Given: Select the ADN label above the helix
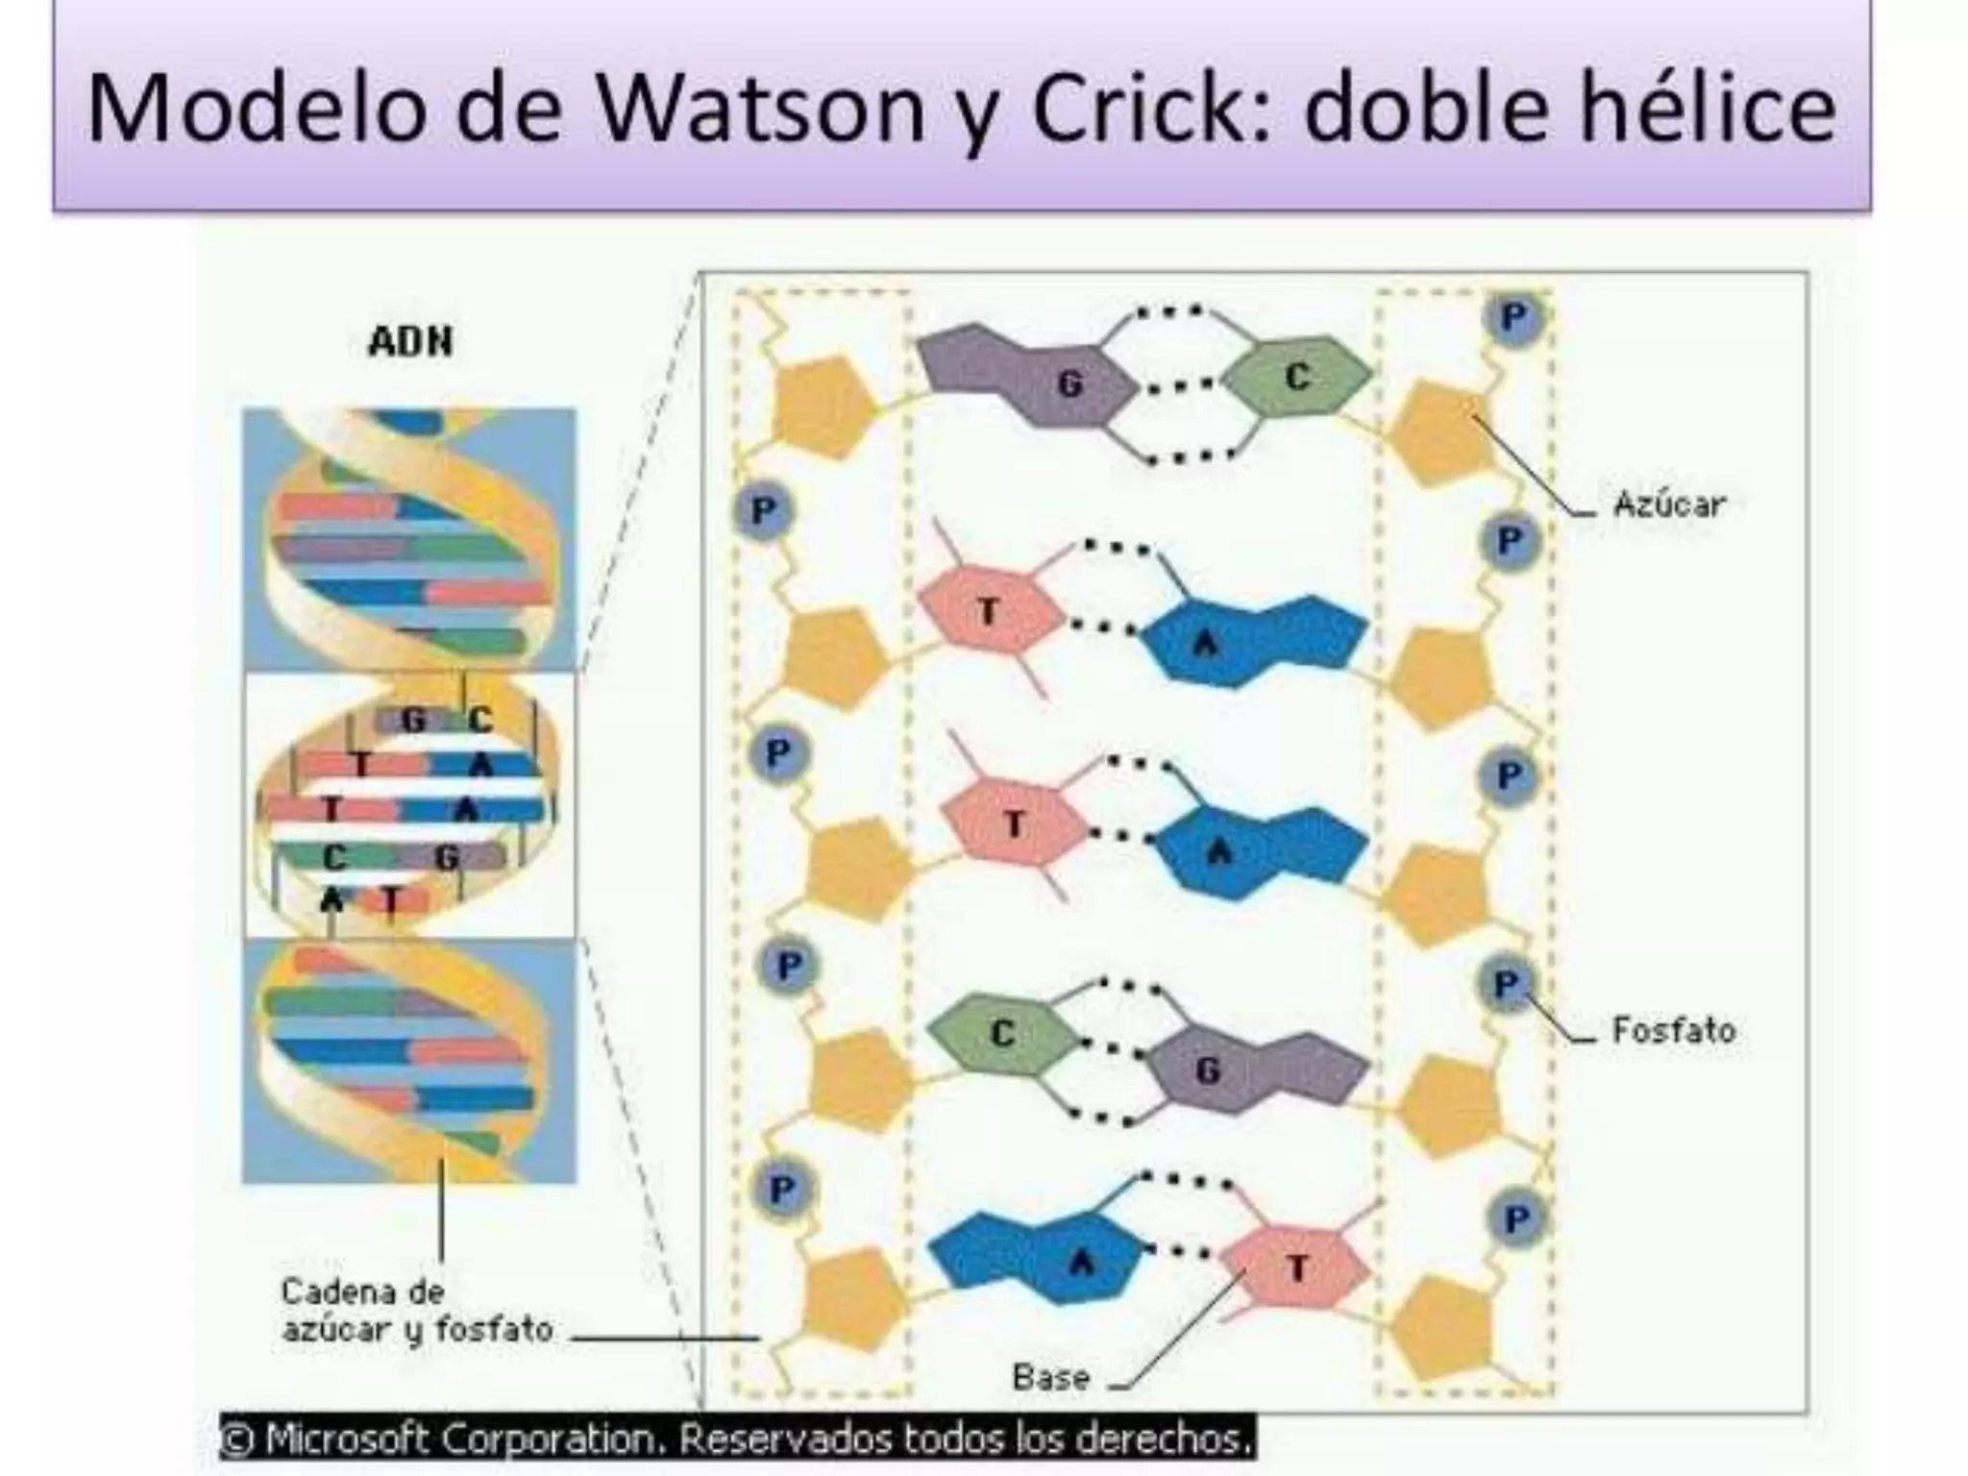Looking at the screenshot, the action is (410, 341).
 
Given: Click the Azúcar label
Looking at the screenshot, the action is (1669, 504).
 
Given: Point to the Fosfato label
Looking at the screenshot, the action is (1673, 1030).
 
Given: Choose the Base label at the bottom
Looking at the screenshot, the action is (1050, 1377).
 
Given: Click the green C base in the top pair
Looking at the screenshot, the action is (1298, 377).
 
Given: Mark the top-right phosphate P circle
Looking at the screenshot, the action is (1513, 317).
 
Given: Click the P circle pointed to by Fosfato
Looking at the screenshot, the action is (1506, 984).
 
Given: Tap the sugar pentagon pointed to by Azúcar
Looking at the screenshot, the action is (1441, 430).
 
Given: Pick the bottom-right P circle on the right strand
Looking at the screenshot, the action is (1516, 1218).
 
